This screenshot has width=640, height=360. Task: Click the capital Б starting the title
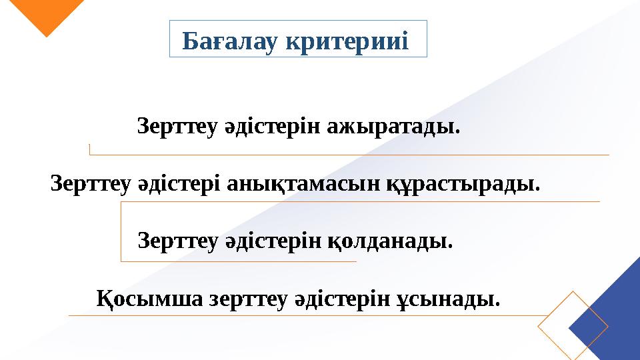click(189, 41)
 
